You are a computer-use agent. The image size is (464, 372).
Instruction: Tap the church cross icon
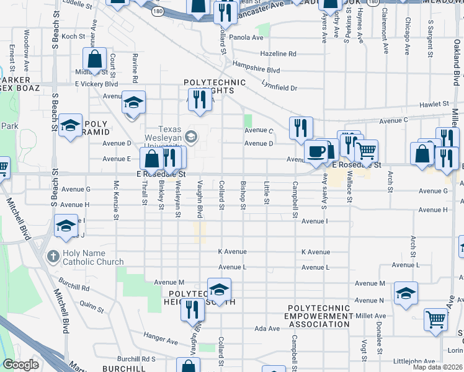[53, 255]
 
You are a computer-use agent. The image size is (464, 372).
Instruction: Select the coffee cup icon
[316, 151]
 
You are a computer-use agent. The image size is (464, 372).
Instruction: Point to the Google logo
[20, 365]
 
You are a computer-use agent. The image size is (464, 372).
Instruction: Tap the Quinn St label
[91, 306]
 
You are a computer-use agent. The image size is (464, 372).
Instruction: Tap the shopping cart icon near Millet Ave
[435, 319]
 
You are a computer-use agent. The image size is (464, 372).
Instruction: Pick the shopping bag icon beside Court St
[96, 60]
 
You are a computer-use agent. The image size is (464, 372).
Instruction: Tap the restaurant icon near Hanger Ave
[192, 309]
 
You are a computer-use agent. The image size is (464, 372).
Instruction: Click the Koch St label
[73, 37]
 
